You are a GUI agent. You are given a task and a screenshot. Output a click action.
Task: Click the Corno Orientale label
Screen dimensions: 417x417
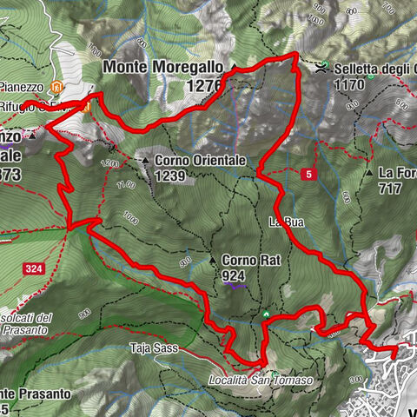coord(202,161)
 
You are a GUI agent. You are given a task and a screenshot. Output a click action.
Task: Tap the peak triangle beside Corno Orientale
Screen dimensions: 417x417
coord(146,161)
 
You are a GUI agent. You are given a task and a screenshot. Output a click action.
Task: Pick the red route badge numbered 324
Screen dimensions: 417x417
coord(34,269)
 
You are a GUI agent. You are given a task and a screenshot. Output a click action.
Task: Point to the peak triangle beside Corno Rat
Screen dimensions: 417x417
coord(212,260)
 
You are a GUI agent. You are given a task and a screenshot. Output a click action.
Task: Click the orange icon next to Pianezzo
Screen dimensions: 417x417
coord(56,87)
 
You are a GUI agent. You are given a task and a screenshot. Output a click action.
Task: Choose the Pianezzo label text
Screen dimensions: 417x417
coord(22,87)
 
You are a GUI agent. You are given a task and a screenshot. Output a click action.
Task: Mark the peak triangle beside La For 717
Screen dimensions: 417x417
coord(369,173)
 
